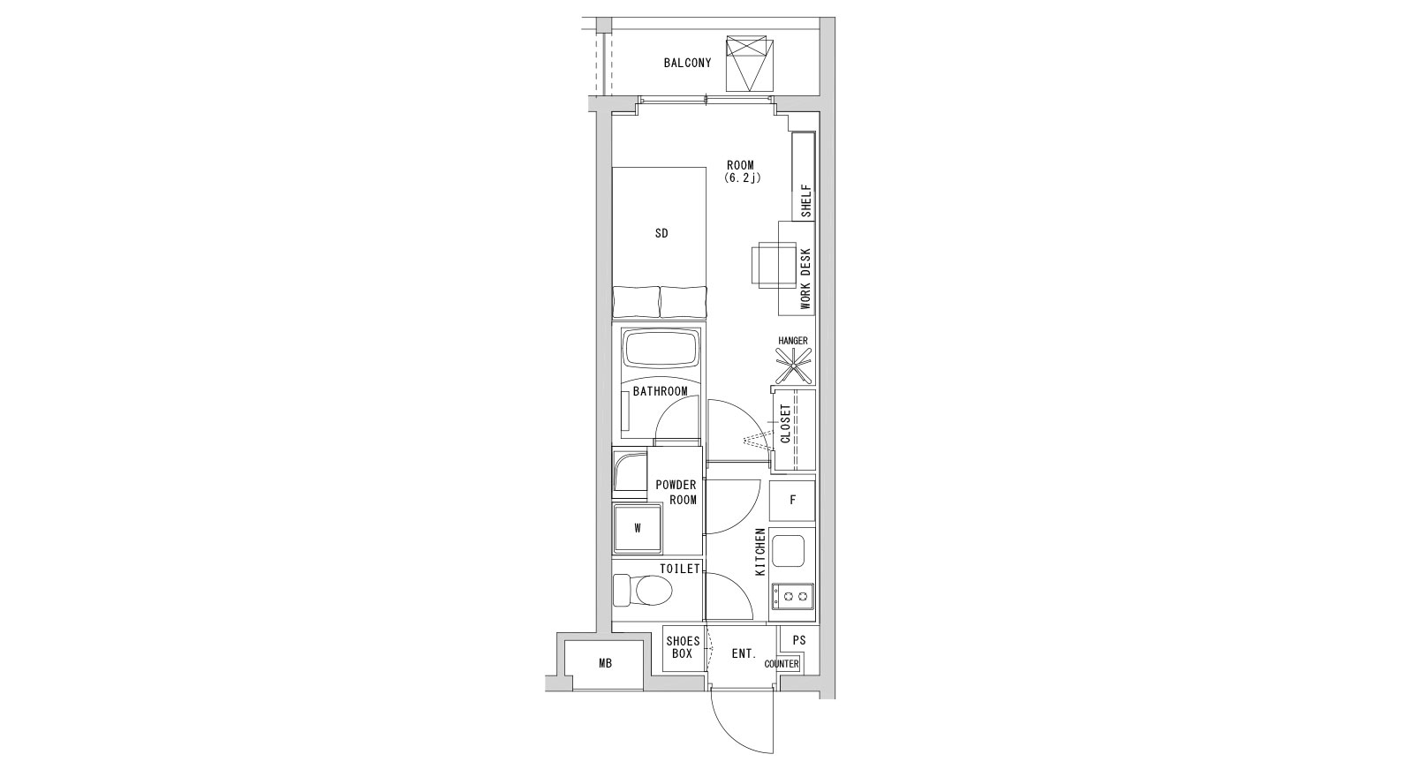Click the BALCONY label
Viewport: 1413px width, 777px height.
pos(687,63)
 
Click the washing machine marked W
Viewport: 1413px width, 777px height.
pos(638,529)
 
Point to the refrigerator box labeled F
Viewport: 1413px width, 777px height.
pos(792,501)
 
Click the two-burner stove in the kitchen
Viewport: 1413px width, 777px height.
pos(792,595)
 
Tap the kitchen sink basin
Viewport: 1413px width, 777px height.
pos(789,551)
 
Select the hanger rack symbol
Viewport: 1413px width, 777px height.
pos(794,366)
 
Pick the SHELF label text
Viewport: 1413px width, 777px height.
pos(805,201)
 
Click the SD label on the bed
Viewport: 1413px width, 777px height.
pos(661,233)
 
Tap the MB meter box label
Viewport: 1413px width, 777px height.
pos(605,663)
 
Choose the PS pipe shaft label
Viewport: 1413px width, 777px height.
pos(798,640)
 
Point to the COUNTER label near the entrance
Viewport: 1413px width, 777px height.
pos(782,664)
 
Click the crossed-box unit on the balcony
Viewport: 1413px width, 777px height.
pos(749,64)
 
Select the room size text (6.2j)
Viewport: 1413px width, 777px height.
pos(743,177)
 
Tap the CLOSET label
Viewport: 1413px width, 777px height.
pos(785,424)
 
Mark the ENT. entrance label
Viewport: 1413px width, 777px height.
pos(744,654)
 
